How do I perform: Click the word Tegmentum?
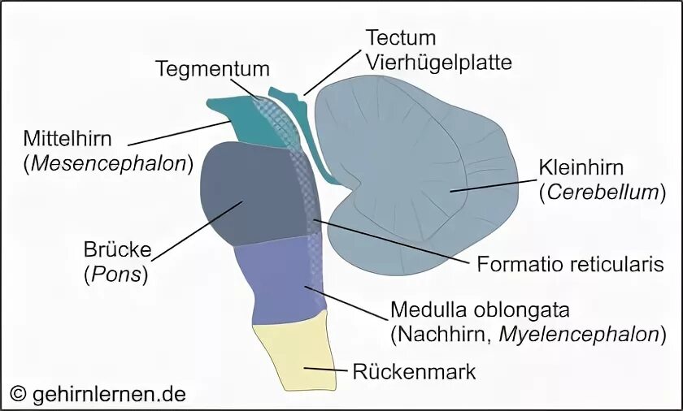[x=212, y=68]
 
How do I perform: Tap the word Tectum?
[x=400, y=38]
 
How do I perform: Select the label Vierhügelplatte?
[x=438, y=63]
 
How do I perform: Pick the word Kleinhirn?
[x=581, y=168]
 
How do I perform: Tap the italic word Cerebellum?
[x=602, y=193]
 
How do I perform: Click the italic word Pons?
[x=117, y=274]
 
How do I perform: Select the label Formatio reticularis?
[x=570, y=264]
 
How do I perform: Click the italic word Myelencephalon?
[x=580, y=334]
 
